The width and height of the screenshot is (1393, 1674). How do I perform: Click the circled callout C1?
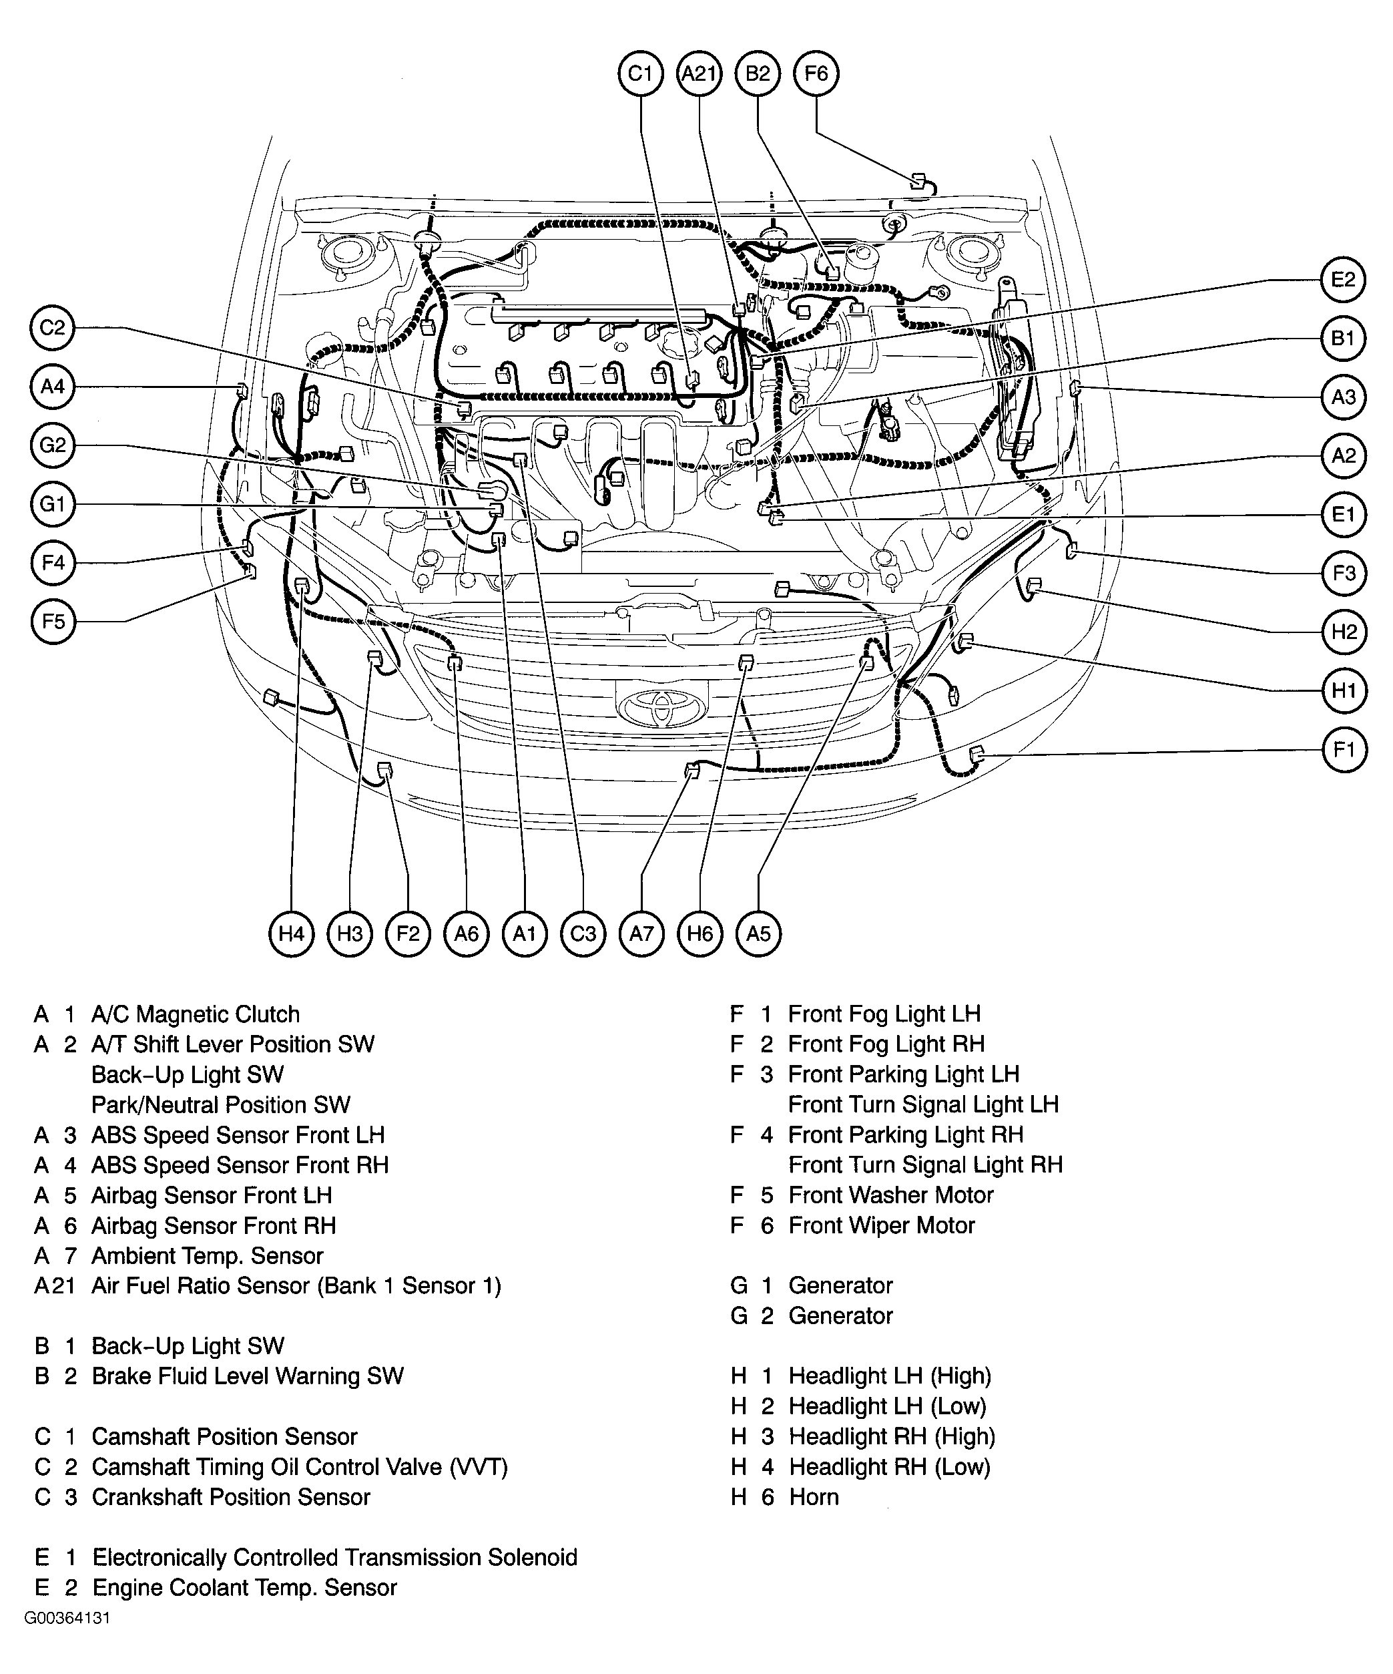point(641,73)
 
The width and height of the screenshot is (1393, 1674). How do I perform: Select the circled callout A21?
point(699,73)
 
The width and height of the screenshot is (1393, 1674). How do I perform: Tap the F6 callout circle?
point(816,73)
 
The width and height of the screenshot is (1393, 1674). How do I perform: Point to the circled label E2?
point(1343,279)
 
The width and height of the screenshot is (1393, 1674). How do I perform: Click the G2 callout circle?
point(53,445)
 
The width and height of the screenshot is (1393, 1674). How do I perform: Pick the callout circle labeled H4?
point(291,933)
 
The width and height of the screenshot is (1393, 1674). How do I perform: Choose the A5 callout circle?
point(758,933)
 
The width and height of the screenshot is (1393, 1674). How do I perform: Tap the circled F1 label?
point(1344,749)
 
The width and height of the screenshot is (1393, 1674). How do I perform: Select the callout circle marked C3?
point(583,933)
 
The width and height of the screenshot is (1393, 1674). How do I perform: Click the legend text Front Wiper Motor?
point(881,1225)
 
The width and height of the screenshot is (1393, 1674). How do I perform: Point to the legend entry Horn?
point(814,1497)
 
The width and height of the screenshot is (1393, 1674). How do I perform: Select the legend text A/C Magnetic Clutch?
point(196,1014)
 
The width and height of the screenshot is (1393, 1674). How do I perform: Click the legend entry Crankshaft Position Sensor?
point(230,1497)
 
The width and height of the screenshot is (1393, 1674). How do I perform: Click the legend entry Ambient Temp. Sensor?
point(207,1255)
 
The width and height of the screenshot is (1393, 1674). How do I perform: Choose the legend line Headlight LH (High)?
point(889,1376)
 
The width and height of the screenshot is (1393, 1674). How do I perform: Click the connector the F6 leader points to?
point(917,180)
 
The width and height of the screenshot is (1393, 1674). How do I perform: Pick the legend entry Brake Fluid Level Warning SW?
point(247,1376)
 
